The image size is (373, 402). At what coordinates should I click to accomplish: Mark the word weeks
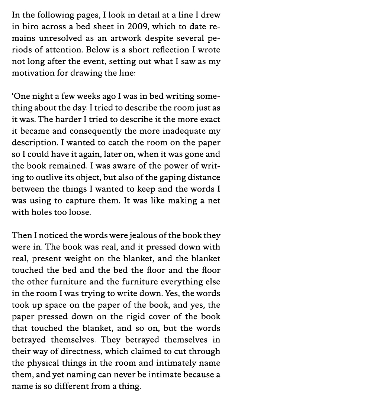[x=78, y=97]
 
